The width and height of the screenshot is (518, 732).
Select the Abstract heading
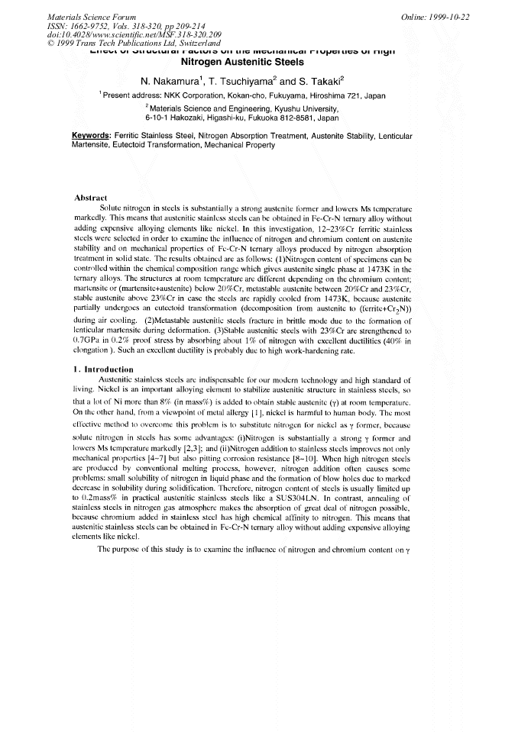click(x=93, y=198)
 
